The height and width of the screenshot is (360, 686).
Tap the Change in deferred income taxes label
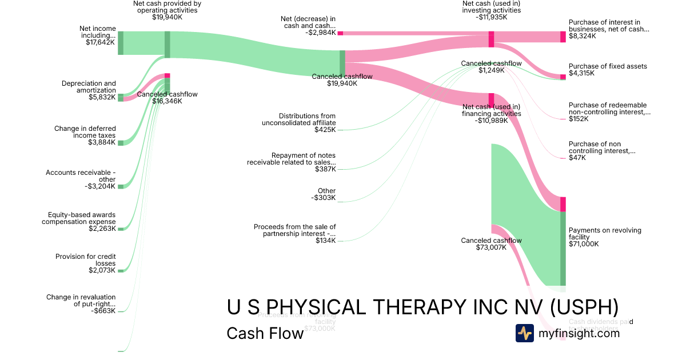pos(85,132)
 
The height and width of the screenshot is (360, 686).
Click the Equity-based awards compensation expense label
pos(79,218)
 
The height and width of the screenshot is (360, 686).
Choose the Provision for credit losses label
pos(85,260)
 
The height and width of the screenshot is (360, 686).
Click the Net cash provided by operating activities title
pos(167,6)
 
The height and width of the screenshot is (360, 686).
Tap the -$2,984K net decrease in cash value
pos(320,33)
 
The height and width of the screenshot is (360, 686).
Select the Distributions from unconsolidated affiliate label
pos(299,119)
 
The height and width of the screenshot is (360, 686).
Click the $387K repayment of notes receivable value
pos(325,169)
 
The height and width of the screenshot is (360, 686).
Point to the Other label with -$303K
pos(326,191)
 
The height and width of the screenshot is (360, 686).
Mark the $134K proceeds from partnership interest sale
pos(325,241)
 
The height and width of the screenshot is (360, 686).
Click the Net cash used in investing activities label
pos(491,6)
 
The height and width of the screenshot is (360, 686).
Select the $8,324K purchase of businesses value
pos(582,35)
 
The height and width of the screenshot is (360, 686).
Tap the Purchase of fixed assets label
pos(608,66)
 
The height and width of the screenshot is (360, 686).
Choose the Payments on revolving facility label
pos(605,234)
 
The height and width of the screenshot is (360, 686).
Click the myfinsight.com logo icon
pos(525,333)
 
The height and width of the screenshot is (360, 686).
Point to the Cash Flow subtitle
pos(265,333)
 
